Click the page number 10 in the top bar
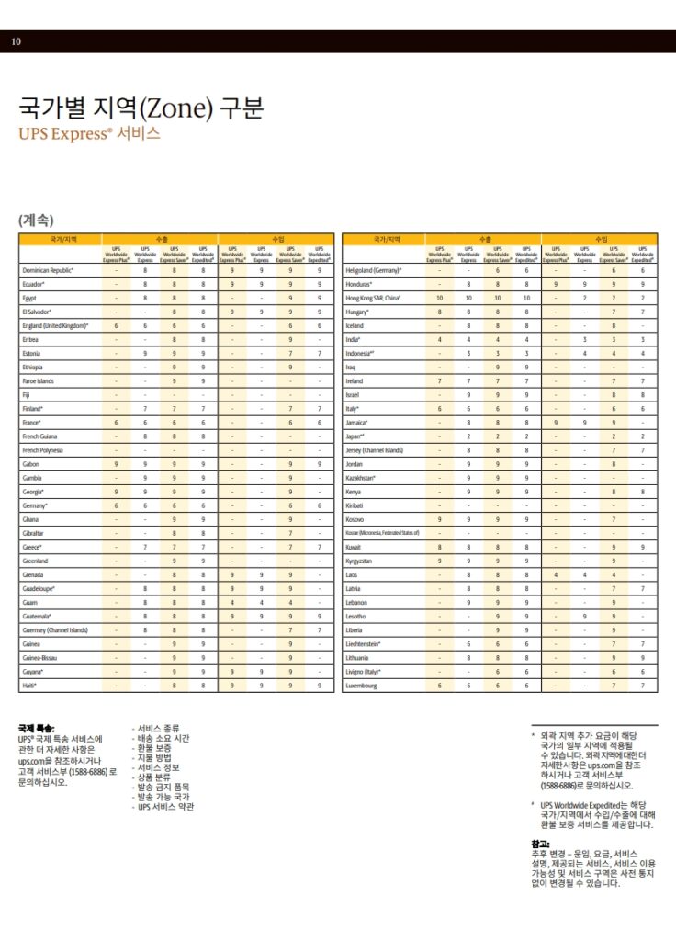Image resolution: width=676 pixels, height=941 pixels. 16,41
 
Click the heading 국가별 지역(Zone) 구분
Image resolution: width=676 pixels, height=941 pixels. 141,108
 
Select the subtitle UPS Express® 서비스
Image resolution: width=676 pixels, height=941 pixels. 89,133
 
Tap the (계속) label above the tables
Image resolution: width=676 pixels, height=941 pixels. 36,220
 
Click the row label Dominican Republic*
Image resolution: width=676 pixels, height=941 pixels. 48,270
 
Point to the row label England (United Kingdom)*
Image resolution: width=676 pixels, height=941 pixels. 56,325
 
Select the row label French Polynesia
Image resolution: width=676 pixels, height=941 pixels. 43,450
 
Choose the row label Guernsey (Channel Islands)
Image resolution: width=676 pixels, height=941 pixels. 55,630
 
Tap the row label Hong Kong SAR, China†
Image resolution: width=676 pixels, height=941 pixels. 373,298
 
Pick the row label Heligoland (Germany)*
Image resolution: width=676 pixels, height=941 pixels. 374,270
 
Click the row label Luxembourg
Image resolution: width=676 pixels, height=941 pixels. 361,686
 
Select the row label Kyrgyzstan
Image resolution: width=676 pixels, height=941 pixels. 359,561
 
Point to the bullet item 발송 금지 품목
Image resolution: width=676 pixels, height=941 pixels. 163,788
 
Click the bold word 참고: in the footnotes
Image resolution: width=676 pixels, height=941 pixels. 540,844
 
